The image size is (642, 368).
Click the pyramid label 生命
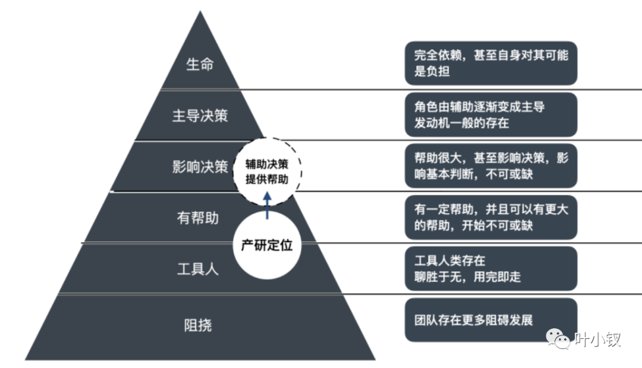[x=200, y=65]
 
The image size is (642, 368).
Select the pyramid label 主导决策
[x=200, y=115]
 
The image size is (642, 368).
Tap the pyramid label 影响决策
[x=200, y=167]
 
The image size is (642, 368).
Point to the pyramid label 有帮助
[x=198, y=218]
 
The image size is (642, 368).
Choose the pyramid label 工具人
[x=198, y=269]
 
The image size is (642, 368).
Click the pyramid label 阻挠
[x=198, y=325]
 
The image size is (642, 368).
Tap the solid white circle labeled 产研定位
[x=267, y=246]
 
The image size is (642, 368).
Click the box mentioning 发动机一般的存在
[x=491, y=115]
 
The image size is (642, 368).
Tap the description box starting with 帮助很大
[x=491, y=166]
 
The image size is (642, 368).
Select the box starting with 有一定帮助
[x=491, y=217]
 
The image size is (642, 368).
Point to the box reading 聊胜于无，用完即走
[x=491, y=268]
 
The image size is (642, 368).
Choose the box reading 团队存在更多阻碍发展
[x=491, y=320]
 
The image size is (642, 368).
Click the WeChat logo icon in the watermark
[x=559, y=340]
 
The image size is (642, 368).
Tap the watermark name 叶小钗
[x=597, y=340]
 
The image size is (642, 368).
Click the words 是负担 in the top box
[x=432, y=72]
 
